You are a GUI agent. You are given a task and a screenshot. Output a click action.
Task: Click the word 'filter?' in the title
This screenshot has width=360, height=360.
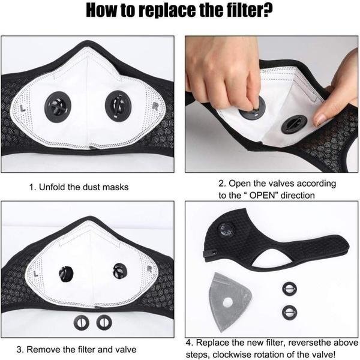[x=247, y=10]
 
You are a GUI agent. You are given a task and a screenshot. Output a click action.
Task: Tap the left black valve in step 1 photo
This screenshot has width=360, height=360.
[x=58, y=107]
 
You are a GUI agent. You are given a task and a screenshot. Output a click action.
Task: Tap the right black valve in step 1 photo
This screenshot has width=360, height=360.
[x=118, y=106]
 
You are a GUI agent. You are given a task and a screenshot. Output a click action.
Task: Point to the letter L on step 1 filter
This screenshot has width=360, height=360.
[x=23, y=108]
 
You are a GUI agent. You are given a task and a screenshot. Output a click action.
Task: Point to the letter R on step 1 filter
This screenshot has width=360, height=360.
[x=155, y=106]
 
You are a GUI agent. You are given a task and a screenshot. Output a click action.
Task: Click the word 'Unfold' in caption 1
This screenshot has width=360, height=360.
[x=52, y=187]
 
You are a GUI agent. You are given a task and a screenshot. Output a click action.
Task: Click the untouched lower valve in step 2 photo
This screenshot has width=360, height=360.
[x=294, y=124]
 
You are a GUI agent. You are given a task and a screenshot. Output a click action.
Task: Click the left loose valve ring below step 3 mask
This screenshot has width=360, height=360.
[x=82, y=322]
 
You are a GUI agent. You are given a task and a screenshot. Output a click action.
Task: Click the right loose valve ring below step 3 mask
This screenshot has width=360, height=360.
[x=104, y=322]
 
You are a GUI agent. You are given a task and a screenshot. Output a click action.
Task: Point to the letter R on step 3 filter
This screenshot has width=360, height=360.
[x=150, y=269]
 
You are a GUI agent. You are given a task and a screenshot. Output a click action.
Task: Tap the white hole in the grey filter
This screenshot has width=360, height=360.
[x=228, y=302]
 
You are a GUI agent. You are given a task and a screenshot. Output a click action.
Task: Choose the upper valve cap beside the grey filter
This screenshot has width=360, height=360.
[x=289, y=289]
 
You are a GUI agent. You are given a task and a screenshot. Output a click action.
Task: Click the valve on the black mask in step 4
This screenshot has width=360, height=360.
[x=226, y=230]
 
